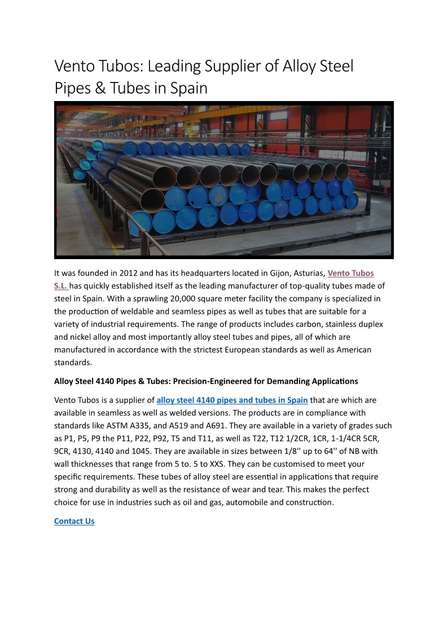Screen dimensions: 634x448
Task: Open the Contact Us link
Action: (74, 521)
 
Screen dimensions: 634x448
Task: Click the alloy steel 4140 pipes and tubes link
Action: (232, 400)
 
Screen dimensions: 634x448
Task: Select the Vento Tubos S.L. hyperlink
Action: (350, 273)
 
